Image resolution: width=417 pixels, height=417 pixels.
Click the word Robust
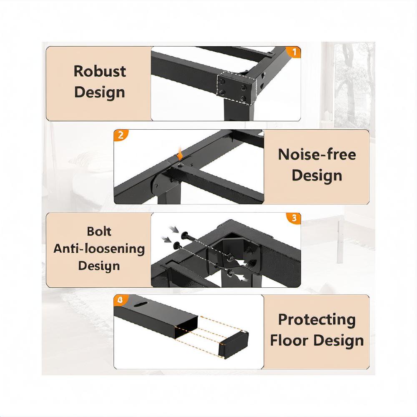[x=100, y=71]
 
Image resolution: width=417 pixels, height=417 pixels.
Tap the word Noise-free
[x=317, y=155]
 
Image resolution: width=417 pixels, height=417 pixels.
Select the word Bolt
[x=99, y=231]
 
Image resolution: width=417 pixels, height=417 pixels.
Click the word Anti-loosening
[x=99, y=249]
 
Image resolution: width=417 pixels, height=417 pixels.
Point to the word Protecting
[x=317, y=320]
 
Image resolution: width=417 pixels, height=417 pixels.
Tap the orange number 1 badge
[x=293, y=52]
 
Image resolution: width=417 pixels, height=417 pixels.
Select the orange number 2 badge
[x=121, y=135]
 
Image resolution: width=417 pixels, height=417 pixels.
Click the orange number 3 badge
[x=294, y=218]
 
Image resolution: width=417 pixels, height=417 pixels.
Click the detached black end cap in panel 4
[x=233, y=345]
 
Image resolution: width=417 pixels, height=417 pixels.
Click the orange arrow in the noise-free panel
[x=180, y=154]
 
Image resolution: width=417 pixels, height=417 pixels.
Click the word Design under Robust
[x=100, y=93]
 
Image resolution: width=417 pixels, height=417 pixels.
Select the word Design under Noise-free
[x=317, y=176]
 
